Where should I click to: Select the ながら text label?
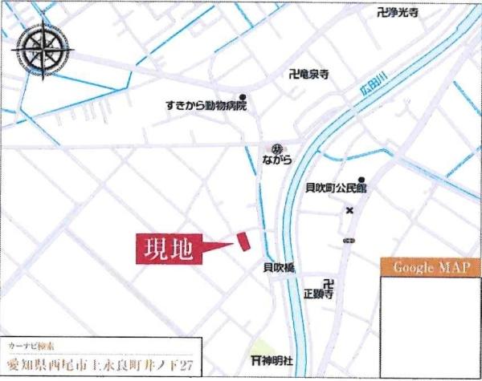point(276,161)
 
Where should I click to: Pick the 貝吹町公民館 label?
point(336,189)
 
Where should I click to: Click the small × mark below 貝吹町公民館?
point(349,211)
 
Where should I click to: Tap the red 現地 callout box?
point(167,249)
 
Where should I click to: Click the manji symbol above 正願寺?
point(326,283)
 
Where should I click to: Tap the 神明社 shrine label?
point(276,359)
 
